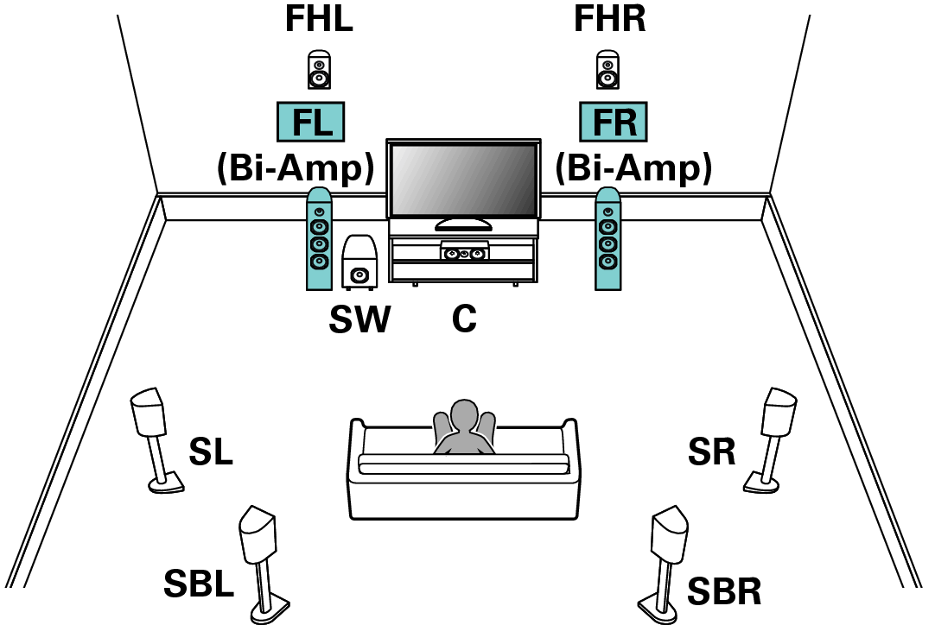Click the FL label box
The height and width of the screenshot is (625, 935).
(x=310, y=122)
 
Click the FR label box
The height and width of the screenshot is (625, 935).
(x=613, y=122)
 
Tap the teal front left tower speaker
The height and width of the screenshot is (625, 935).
(x=319, y=239)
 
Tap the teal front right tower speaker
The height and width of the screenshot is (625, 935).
(x=607, y=239)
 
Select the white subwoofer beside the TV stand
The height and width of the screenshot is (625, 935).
(x=359, y=262)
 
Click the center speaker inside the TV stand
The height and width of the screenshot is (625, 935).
(x=464, y=253)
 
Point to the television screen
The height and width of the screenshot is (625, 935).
(x=463, y=180)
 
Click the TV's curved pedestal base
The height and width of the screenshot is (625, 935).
(x=463, y=224)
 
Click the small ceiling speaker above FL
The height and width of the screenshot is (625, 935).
(x=319, y=73)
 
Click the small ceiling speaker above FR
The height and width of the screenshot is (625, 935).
(x=607, y=73)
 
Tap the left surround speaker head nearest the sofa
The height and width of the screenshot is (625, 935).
(x=149, y=413)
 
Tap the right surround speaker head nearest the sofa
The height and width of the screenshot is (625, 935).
(x=778, y=413)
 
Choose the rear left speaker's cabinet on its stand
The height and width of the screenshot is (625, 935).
(x=258, y=536)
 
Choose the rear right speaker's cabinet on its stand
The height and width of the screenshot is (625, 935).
(x=670, y=536)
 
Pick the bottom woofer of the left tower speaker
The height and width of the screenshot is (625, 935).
(x=319, y=261)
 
